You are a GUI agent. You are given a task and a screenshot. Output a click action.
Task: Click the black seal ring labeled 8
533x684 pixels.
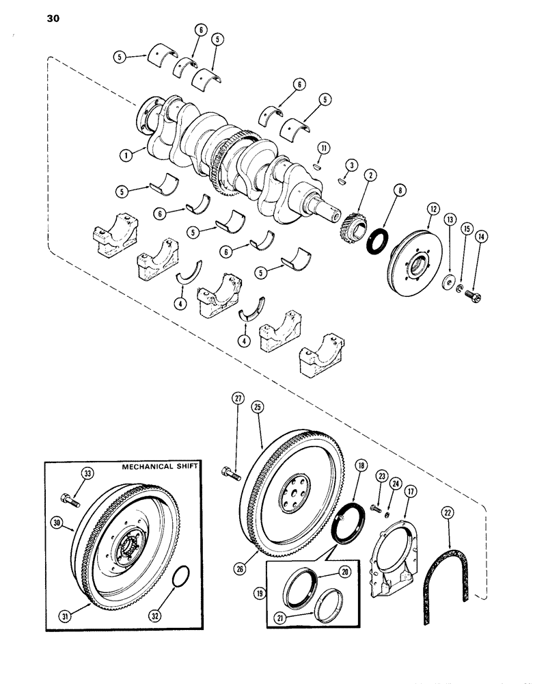pyautogui.click(x=377, y=240)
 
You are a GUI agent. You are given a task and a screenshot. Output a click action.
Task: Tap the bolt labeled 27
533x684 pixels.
pyautogui.click(x=230, y=471)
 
